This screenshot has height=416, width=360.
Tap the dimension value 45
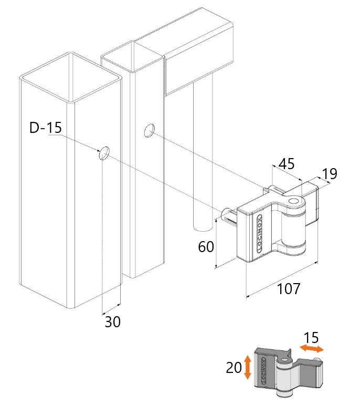[x=286, y=164]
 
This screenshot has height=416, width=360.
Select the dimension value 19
[x=329, y=174]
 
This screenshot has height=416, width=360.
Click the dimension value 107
[x=288, y=288]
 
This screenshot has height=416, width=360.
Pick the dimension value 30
[x=112, y=322]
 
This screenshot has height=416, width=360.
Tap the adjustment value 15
[x=311, y=338]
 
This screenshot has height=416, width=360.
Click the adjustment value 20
[x=234, y=368]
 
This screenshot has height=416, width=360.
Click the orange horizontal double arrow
[x=312, y=349]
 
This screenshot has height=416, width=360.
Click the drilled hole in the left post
[x=104, y=153]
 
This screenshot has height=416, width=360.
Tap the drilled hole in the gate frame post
[x=150, y=130]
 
